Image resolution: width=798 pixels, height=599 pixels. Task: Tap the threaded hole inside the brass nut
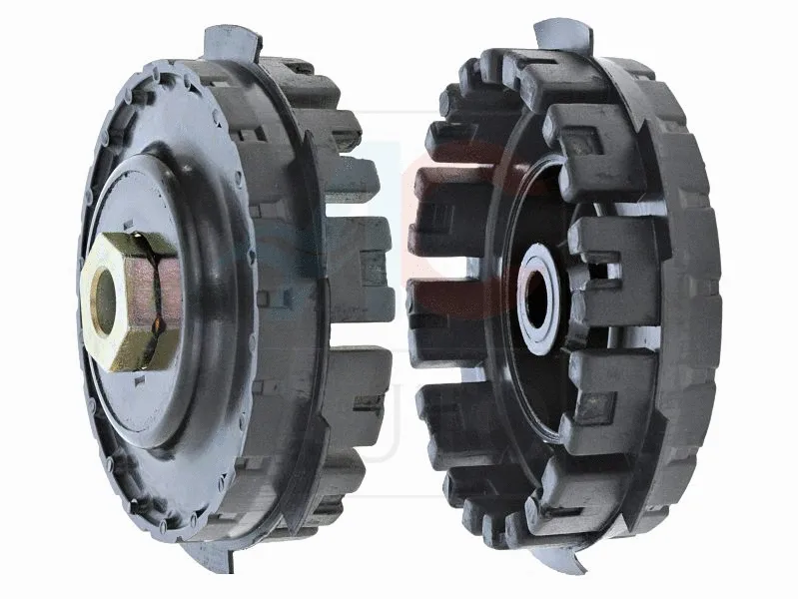click(x=106, y=292)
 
